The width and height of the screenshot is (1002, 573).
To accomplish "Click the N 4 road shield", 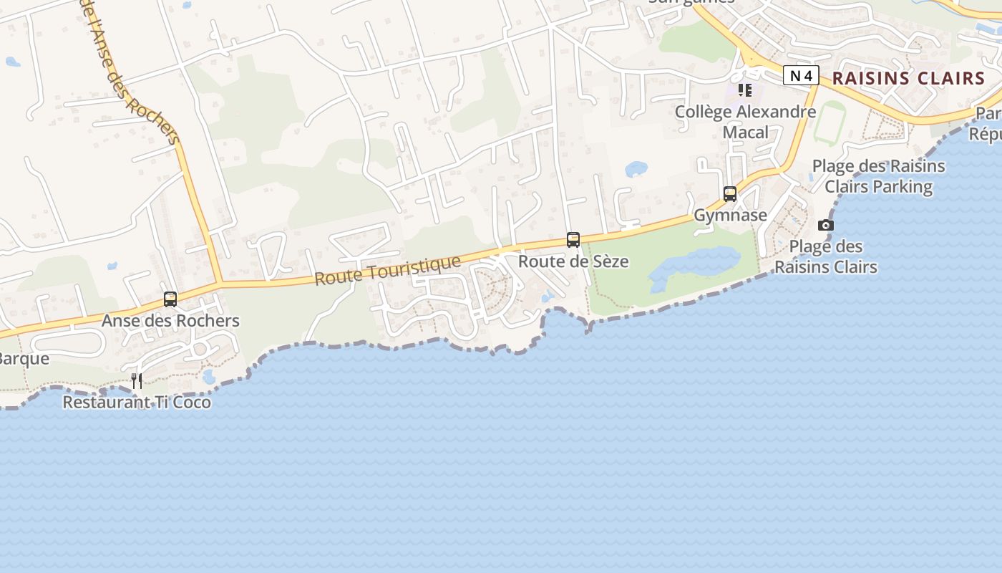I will tap(800, 75).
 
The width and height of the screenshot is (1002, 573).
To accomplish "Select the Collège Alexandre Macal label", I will tap(745, 122).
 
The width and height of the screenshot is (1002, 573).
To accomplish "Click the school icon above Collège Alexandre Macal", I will tap(745, 90).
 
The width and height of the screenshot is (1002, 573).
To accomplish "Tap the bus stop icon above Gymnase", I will tap(730, 193).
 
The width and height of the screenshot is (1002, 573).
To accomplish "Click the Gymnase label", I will tap(730, 215).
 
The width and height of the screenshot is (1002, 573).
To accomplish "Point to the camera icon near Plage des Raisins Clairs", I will tap(826, 226).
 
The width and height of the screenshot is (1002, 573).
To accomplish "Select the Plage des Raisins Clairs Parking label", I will tap(878, 176).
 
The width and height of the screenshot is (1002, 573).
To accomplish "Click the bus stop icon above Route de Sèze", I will tap(573, 239).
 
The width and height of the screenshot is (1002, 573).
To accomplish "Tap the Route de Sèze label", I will tap(573, 261).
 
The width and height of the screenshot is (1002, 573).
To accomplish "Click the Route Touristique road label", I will tap(387, 271).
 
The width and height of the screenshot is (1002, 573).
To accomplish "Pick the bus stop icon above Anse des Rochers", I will tap(170, 299).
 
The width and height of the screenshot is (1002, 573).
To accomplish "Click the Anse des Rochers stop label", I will tap(170, 320).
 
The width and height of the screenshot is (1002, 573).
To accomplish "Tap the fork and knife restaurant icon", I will tap(137, 380).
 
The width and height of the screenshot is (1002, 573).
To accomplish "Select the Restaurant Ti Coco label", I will tap(137, 402).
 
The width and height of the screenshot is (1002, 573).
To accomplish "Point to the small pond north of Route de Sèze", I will tap(636, 169).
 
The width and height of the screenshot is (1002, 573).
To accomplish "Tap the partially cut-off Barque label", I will tap(24, 358).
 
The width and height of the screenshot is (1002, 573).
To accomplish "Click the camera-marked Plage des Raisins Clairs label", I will tap(826, 256).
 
